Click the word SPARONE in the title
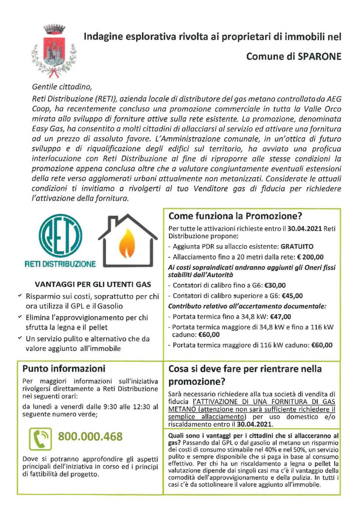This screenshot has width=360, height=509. pyautogui.click(x=319, y=57)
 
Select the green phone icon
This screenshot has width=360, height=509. pyautogui.click(x=40, y=439)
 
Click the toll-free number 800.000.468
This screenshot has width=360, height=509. pyautogui.click(x=90, y=436)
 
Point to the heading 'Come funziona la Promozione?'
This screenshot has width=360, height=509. pyautogui.click(x=235, y=216)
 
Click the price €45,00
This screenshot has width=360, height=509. pyautogui.click(x=292, y=296)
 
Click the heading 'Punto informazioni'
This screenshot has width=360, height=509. pyautogui.click(x=64, y=369)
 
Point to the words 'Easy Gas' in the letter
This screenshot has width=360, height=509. pyautogui.click(x=45, y=129)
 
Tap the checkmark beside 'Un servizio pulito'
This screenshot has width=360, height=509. pyautogui.click(x=20, y=338)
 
